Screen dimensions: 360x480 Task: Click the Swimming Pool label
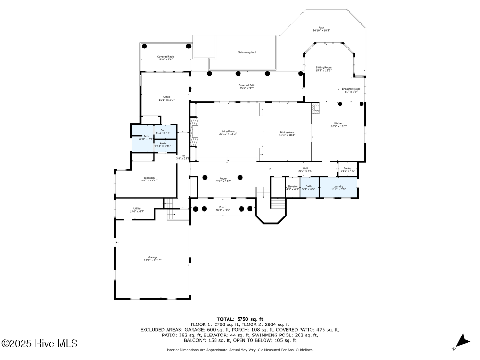[x=247, y=52]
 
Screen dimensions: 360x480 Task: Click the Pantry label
[x=348, y=169]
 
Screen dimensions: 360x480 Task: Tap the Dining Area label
[x=287, y=133]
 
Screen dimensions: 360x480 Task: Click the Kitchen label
[x=338, y=125]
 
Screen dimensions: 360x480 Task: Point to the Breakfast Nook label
[x=350, y=90]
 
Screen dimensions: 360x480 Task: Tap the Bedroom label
[x=149, y=179]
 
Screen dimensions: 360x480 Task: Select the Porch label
[x=223, y=208]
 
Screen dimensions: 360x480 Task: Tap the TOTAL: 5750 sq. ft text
[x=240, y=319]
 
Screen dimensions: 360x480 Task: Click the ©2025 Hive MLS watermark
[x=39, y=343]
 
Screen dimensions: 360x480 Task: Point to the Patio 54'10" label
[x=321, y=29]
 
